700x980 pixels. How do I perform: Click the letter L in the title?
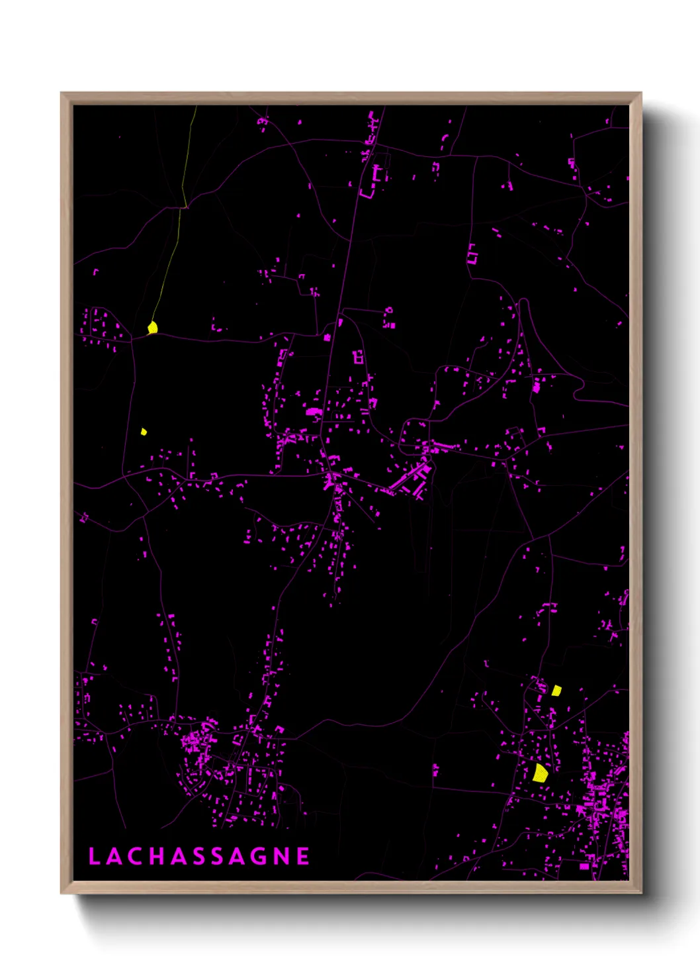coord(94,856)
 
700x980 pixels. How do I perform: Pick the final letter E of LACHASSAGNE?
coord(303,856)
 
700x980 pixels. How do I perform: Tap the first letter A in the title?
coord(114,856)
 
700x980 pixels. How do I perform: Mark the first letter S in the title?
coord(198,856)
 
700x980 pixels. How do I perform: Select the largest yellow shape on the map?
coord(541,773)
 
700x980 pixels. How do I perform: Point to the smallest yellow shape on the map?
coord(144,432)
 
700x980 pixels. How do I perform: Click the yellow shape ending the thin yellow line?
coord(153,327)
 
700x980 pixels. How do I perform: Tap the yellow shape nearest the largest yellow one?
coord(556,691)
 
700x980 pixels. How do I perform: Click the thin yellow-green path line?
coord(169,265)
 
